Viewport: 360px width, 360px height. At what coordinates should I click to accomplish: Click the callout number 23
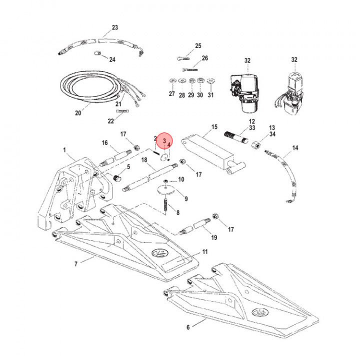tap(114, 27)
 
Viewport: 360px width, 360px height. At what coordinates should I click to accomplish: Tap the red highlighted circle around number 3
tap(164, 142)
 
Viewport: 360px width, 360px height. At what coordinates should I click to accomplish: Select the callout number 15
tap(215, 127)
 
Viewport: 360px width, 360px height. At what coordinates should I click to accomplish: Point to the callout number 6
tap(188, 328)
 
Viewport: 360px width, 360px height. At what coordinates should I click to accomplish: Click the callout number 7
tap(75, 263)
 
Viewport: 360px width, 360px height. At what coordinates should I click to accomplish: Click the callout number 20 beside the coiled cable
tap(77, 113)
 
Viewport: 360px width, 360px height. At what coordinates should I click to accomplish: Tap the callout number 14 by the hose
tap(295, 148)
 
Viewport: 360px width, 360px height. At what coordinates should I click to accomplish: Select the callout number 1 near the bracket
tap(64, 149)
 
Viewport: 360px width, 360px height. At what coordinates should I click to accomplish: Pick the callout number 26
tap(204, 58)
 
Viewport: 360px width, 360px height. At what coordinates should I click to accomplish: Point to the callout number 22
tap(111, 121)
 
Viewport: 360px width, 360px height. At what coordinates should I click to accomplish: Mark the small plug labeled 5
tap(118, 176)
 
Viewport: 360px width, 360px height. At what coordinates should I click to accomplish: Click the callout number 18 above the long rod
tap(144, 160)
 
